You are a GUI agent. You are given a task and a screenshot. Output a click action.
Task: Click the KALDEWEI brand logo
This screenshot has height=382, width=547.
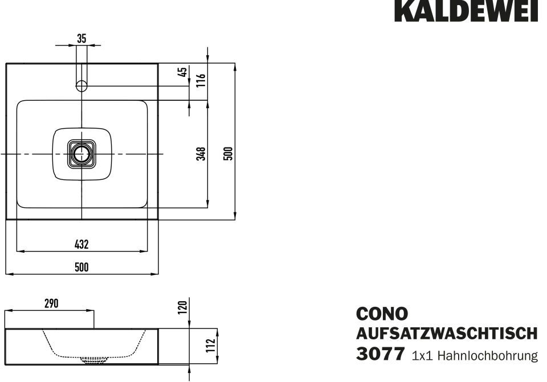coord(466,11)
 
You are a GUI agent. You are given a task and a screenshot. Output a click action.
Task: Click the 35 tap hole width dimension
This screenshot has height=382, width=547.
coord(81,39)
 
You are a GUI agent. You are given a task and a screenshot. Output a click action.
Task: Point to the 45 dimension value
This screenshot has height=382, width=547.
coord(182,72)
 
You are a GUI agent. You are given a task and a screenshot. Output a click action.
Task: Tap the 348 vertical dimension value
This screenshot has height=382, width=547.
coord(201,154)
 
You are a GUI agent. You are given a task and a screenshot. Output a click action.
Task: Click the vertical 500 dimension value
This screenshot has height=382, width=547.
coord(228,154)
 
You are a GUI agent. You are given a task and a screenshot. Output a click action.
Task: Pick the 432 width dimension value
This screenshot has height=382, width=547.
coord(81,244)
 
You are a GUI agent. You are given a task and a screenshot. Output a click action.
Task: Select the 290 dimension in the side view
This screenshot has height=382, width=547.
coord(52,303)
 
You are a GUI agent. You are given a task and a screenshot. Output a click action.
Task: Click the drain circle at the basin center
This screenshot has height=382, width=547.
coord(82,154)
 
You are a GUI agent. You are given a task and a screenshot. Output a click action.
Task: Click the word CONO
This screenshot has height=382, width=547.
coord(382,314)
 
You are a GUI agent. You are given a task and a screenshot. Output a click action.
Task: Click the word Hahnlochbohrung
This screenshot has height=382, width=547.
coord(488,356)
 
